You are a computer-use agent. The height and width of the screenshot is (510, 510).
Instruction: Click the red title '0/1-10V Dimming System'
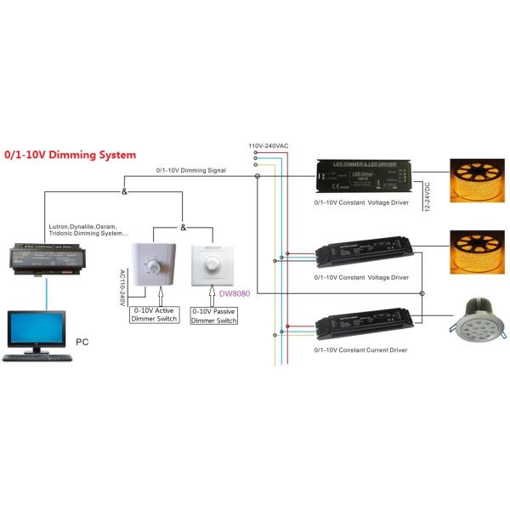point(70,156)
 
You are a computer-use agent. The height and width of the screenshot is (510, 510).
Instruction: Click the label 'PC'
point(82,342)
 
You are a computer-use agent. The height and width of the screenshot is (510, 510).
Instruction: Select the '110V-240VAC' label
point(269,146)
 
